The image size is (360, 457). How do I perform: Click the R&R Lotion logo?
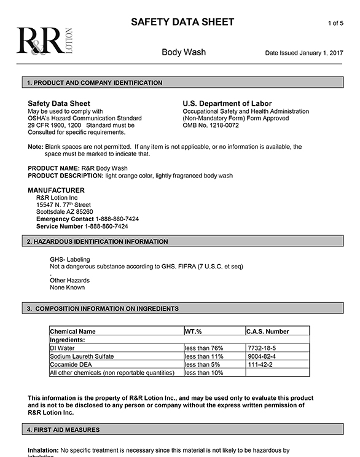coord(44,41)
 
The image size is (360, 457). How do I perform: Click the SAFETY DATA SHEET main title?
coord(182,22)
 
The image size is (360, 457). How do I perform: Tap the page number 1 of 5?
coord(335,23)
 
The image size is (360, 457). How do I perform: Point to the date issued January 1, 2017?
coord(303,53)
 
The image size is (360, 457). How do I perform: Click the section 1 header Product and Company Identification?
coord(95,83)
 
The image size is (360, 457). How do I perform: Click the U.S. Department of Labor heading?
coord(227,104)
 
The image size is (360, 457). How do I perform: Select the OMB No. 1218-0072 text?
coord(210,125)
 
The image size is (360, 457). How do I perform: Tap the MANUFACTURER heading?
coord(57,190)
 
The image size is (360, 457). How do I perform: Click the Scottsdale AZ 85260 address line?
coord(65,212)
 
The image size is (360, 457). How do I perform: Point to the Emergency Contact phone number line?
coord(87,219)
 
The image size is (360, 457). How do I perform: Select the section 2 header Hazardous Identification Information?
coord(97,242)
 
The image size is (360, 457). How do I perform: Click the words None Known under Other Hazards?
coord(67,287)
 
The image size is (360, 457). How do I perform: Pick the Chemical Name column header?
coord(72,332)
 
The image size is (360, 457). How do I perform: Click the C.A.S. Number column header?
coord(267,332)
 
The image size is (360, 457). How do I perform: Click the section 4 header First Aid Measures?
coord(63,429)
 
